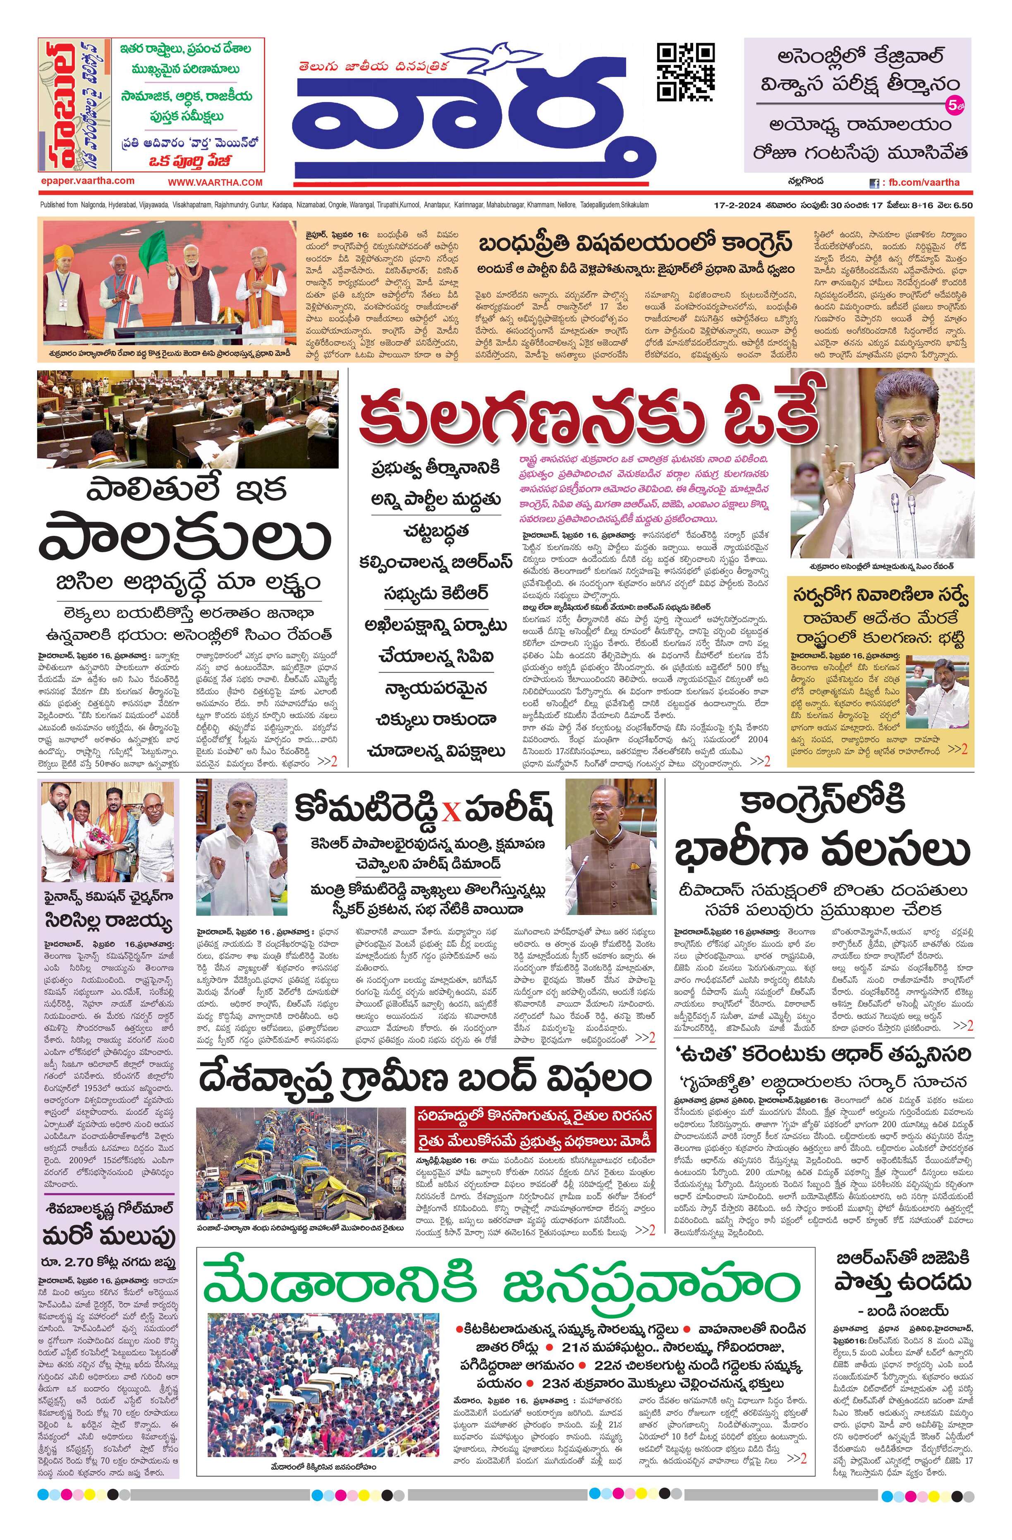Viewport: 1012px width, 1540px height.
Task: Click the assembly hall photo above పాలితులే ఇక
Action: pyautogui.click(x=188, y=419)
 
